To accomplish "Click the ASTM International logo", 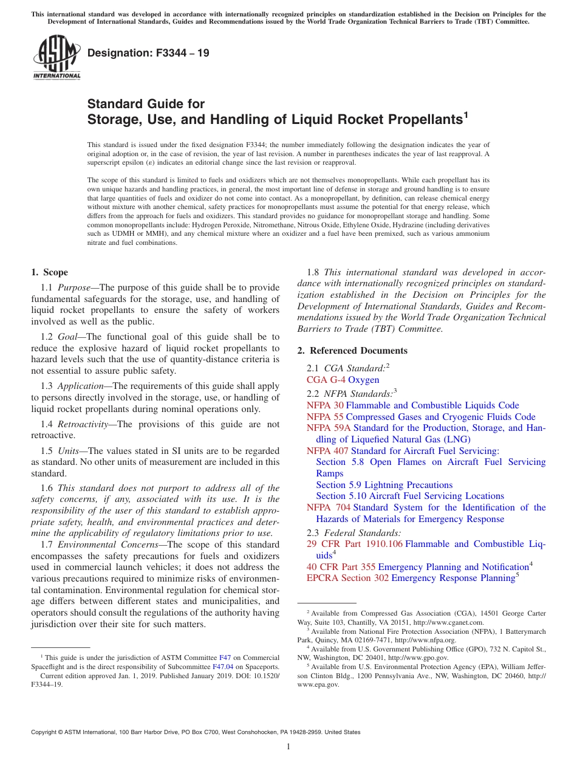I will tap(56, 58).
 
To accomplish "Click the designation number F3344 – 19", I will tap(148, 53).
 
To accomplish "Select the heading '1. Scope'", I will tap(49, 272).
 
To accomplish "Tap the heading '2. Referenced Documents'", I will tap(352, 351).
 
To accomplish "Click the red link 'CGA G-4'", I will tap(325, 380).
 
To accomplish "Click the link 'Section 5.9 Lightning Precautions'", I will tap(384, 485).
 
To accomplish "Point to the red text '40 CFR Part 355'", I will tap(341, 567).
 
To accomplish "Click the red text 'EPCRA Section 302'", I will tap(347, 578).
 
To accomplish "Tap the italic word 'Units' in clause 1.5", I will tap(69, 451).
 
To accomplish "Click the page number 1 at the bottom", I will tap(288, 746).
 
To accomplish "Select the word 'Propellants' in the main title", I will tap(421, 120).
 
